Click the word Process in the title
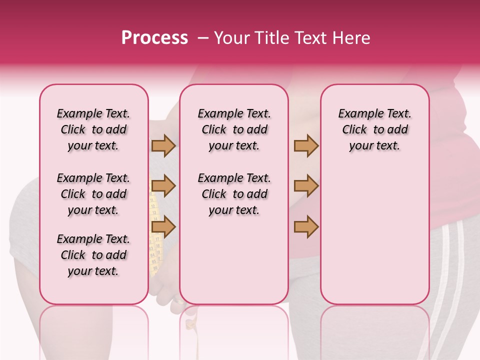(x=154, y=38)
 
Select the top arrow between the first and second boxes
(x=163, y=145)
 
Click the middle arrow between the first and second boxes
(x=163, y=186)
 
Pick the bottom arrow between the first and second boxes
(x=163, y=227)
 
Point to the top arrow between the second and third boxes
(x=306, y=145)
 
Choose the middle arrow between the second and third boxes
(x=306, y=186)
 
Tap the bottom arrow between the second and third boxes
(x=306, y=227)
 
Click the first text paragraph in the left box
(x=93, y=129)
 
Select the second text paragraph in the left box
(x=93, y=194)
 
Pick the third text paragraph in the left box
(x=93, y=255)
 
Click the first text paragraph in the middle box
(x=234, y=129)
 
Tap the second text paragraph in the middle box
(x=234, y=194)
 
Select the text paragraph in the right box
(x=374, y=129)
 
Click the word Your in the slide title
(x=231, y=38)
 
